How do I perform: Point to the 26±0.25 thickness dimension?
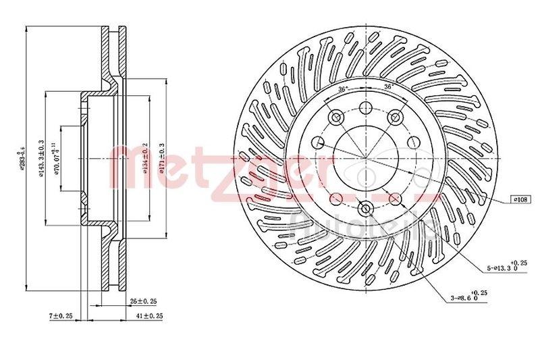pyautogui.click(x=143, y=301)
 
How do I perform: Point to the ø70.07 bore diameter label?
pyautogui.click(x=58, y=157)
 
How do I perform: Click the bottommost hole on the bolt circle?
pyautogui.click(x=365, y=209)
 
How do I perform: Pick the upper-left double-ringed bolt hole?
pyautogui.click(x=335, y=118)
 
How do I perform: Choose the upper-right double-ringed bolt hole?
pyautogui.click(x=396, y=118)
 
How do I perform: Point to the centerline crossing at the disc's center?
pyautogui.click(x=365, y=158)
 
